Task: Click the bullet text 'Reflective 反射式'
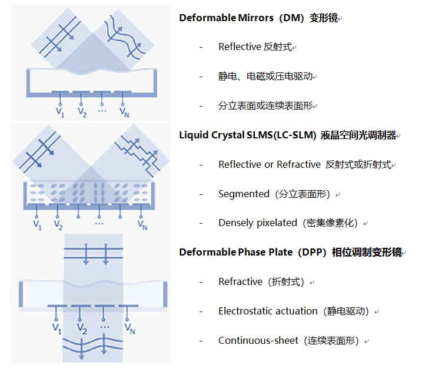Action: [255, 47]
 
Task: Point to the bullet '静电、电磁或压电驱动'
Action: [265, 76]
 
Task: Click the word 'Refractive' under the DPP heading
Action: [240, 281]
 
